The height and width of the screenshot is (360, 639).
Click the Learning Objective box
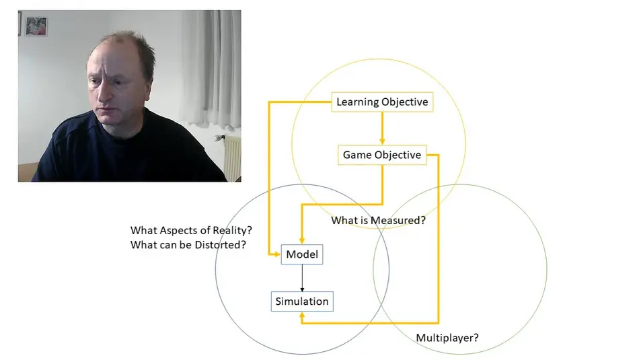point(381,102)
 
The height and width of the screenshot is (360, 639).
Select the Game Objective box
point(381,155)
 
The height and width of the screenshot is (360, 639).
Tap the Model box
point(301,254)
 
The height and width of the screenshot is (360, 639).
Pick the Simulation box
point(302,301)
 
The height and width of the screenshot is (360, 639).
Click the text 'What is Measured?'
point(378,220)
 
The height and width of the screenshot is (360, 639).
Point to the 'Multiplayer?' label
point(447,338)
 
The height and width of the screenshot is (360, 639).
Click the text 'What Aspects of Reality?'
point(191,230)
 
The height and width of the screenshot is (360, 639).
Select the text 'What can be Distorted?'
point(188,245)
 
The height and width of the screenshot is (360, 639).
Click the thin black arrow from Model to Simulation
point(302,277)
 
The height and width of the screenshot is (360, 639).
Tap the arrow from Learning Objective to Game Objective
point(382,128)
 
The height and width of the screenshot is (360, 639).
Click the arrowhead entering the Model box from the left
point(276,254)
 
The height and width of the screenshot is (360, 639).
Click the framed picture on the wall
point(36,26)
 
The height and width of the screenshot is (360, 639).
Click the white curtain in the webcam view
point(210,67)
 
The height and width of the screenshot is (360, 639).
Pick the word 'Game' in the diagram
point(356,155)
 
